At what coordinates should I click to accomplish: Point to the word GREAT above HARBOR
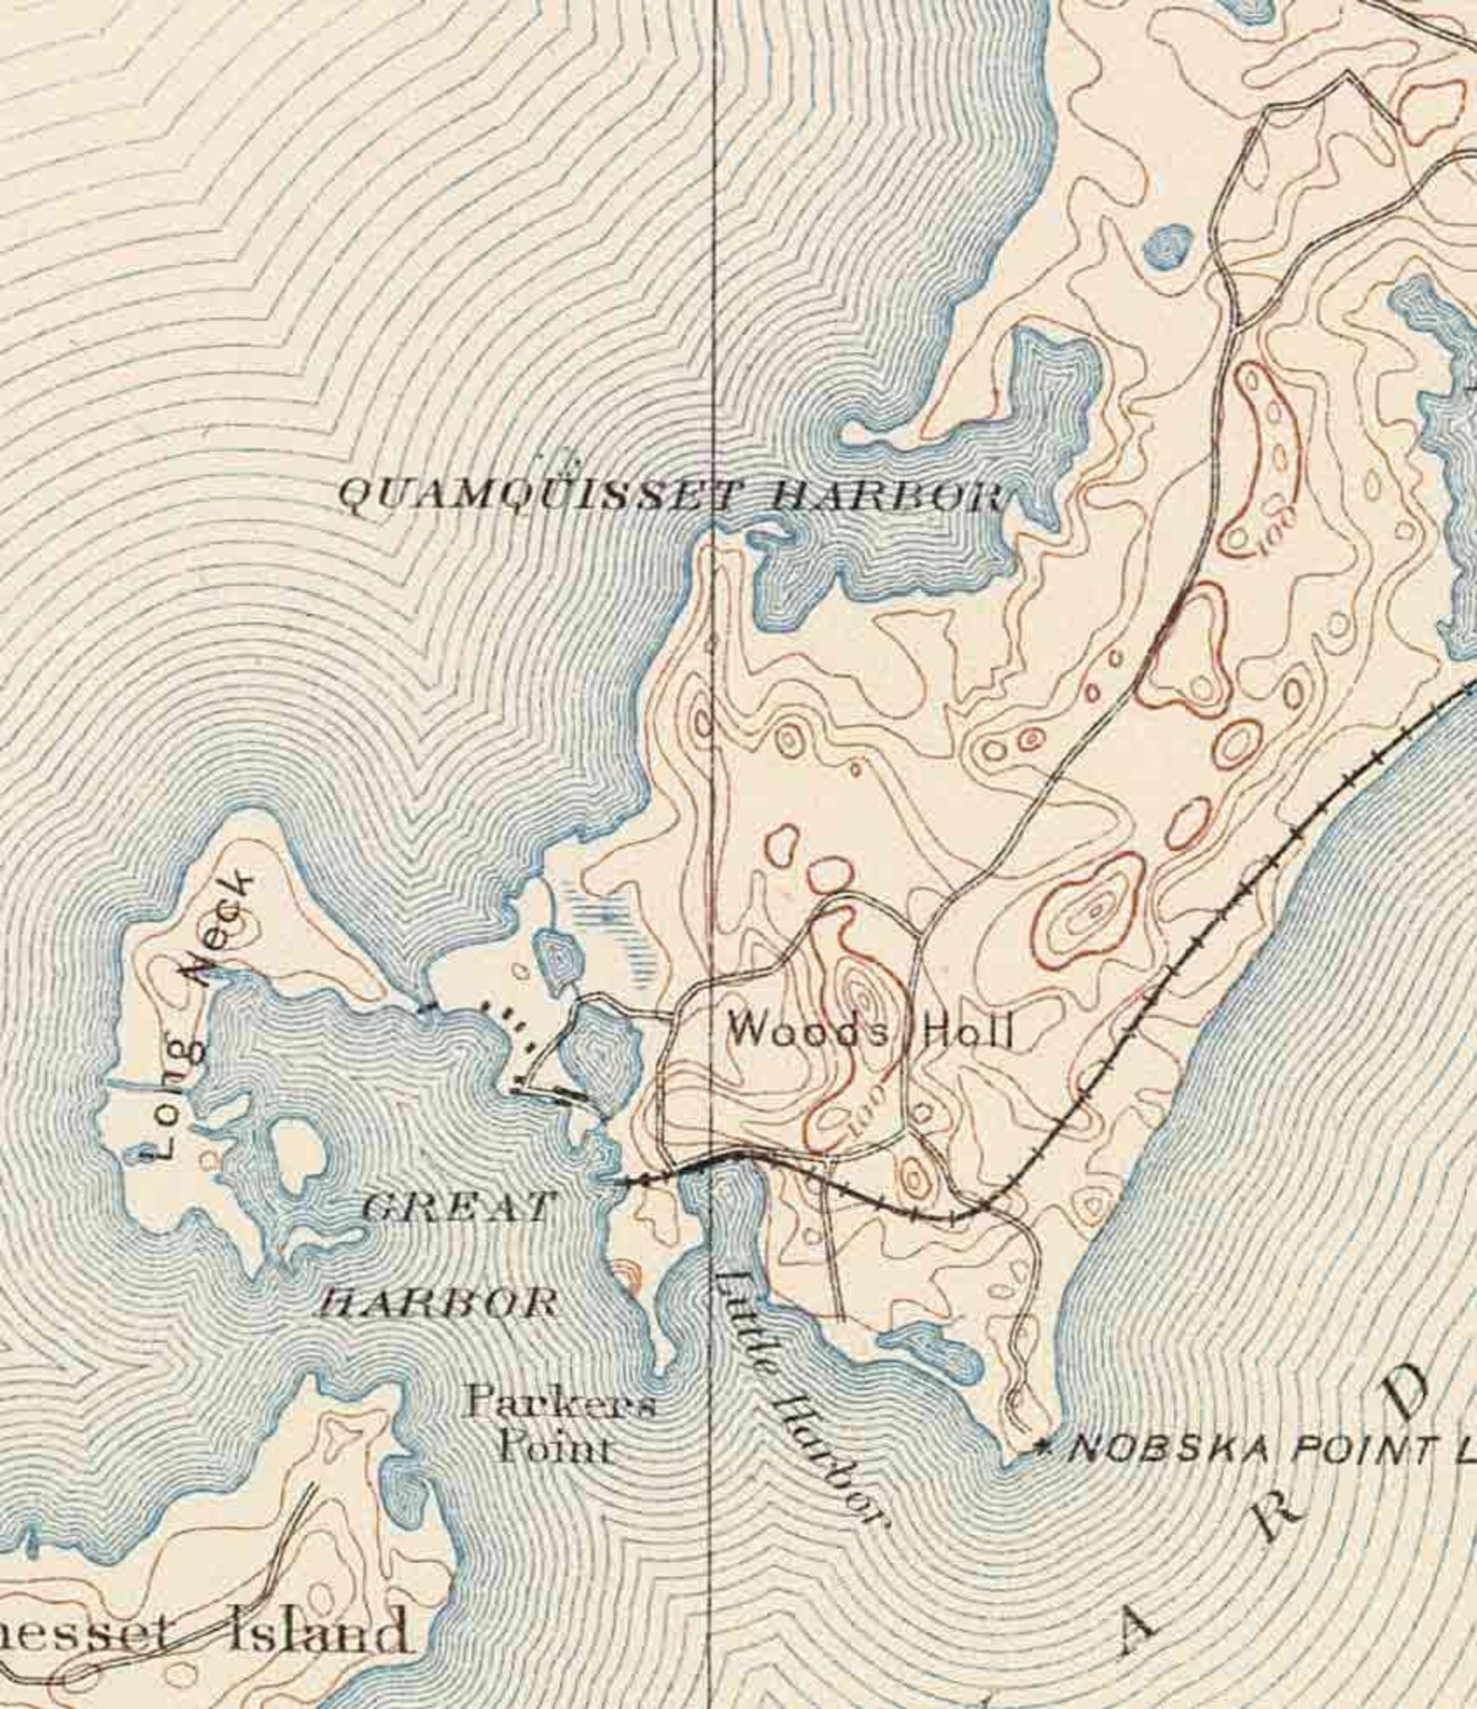click(456, 1208)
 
